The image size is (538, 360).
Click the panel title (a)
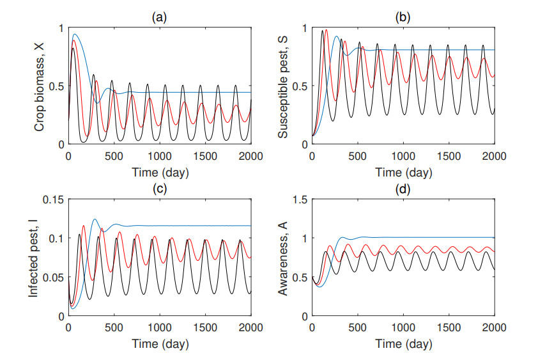coord(159,17)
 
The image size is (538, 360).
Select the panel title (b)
coord(403,17)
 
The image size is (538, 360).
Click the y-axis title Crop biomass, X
coord(39,86)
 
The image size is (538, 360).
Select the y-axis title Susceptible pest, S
coord(283,86)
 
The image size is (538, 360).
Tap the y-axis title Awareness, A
coord(283,258)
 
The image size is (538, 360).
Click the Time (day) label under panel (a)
coord(159,173)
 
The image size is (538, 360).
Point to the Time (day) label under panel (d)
coord(403,344)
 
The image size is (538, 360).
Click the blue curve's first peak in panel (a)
coord(75,35)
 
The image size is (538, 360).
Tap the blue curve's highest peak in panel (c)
coord(95,219)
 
